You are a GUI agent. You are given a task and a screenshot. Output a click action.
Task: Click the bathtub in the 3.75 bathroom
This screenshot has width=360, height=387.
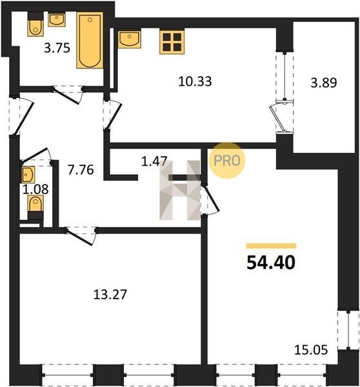90,40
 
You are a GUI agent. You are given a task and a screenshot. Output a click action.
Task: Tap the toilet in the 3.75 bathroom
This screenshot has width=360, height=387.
35,25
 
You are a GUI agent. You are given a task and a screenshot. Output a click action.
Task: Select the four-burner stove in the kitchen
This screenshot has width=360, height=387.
172,42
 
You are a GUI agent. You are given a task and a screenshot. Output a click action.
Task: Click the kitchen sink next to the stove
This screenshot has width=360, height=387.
130,39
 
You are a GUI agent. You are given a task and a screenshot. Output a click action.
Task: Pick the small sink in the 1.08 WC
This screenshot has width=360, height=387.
28,175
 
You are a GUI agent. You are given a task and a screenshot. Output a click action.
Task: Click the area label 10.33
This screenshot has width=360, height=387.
195,81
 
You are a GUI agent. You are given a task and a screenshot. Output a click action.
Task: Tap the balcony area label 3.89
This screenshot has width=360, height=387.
323,83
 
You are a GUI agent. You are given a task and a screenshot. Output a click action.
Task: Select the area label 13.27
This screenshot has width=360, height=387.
110,294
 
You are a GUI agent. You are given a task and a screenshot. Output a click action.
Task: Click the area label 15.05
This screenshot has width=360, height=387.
311,350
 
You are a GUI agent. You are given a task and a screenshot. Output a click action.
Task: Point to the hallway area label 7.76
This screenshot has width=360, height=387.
81,170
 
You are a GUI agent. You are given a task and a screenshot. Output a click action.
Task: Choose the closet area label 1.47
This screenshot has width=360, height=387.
155,161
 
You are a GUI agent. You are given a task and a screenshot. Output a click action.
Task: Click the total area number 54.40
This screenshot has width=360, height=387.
271,263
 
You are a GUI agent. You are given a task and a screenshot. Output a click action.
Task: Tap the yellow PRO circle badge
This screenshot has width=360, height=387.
227,161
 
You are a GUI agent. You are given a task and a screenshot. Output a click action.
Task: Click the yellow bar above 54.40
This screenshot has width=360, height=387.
271,246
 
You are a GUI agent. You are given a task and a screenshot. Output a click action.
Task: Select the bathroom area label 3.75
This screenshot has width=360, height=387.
57,48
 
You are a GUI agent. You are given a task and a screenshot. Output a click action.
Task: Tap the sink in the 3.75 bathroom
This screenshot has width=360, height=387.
57,20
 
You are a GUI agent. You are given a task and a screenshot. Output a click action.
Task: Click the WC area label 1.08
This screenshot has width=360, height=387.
35,190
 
